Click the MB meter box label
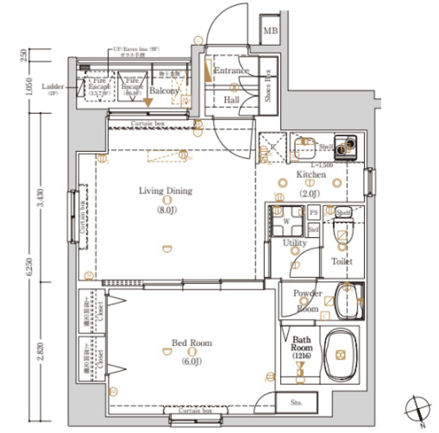pos(270,31)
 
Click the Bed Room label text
pos(192,342)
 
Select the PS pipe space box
pos(314,213)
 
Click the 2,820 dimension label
pos(41,352)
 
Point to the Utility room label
pos(294,243)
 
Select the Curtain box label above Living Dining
pos(147,123)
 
